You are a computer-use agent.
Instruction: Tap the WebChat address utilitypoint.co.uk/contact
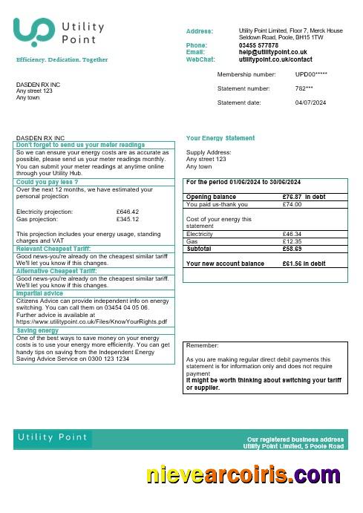[x=275, y=59]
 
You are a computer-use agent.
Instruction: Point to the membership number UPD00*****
[x=311, y=75]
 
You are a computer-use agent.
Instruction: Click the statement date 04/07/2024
[x=310, y=102]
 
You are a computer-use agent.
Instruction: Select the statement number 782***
[x=305, y=88]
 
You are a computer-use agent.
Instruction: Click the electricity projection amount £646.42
[x=128, y=212]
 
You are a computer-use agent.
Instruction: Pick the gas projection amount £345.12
[x=128, y=219]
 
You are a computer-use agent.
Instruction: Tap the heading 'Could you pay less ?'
[x=48, y=182]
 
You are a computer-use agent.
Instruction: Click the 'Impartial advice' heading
[x=39, y=293]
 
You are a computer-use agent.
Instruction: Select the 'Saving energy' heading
[x=38, y=330]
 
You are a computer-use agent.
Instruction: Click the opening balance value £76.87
[x=294, y=197]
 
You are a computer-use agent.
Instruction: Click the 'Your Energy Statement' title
[x=220, y=138]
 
